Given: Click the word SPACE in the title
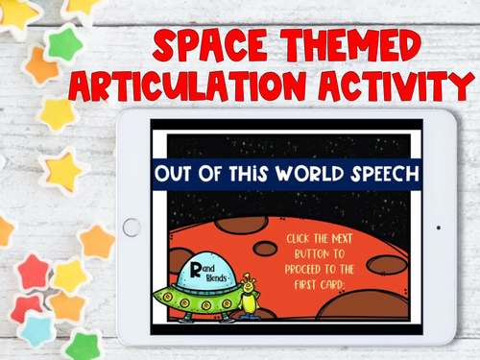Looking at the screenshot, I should pos(212,47).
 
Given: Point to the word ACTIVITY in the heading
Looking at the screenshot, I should pos(395,88).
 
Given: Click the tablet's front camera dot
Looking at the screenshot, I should pos(439,228).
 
